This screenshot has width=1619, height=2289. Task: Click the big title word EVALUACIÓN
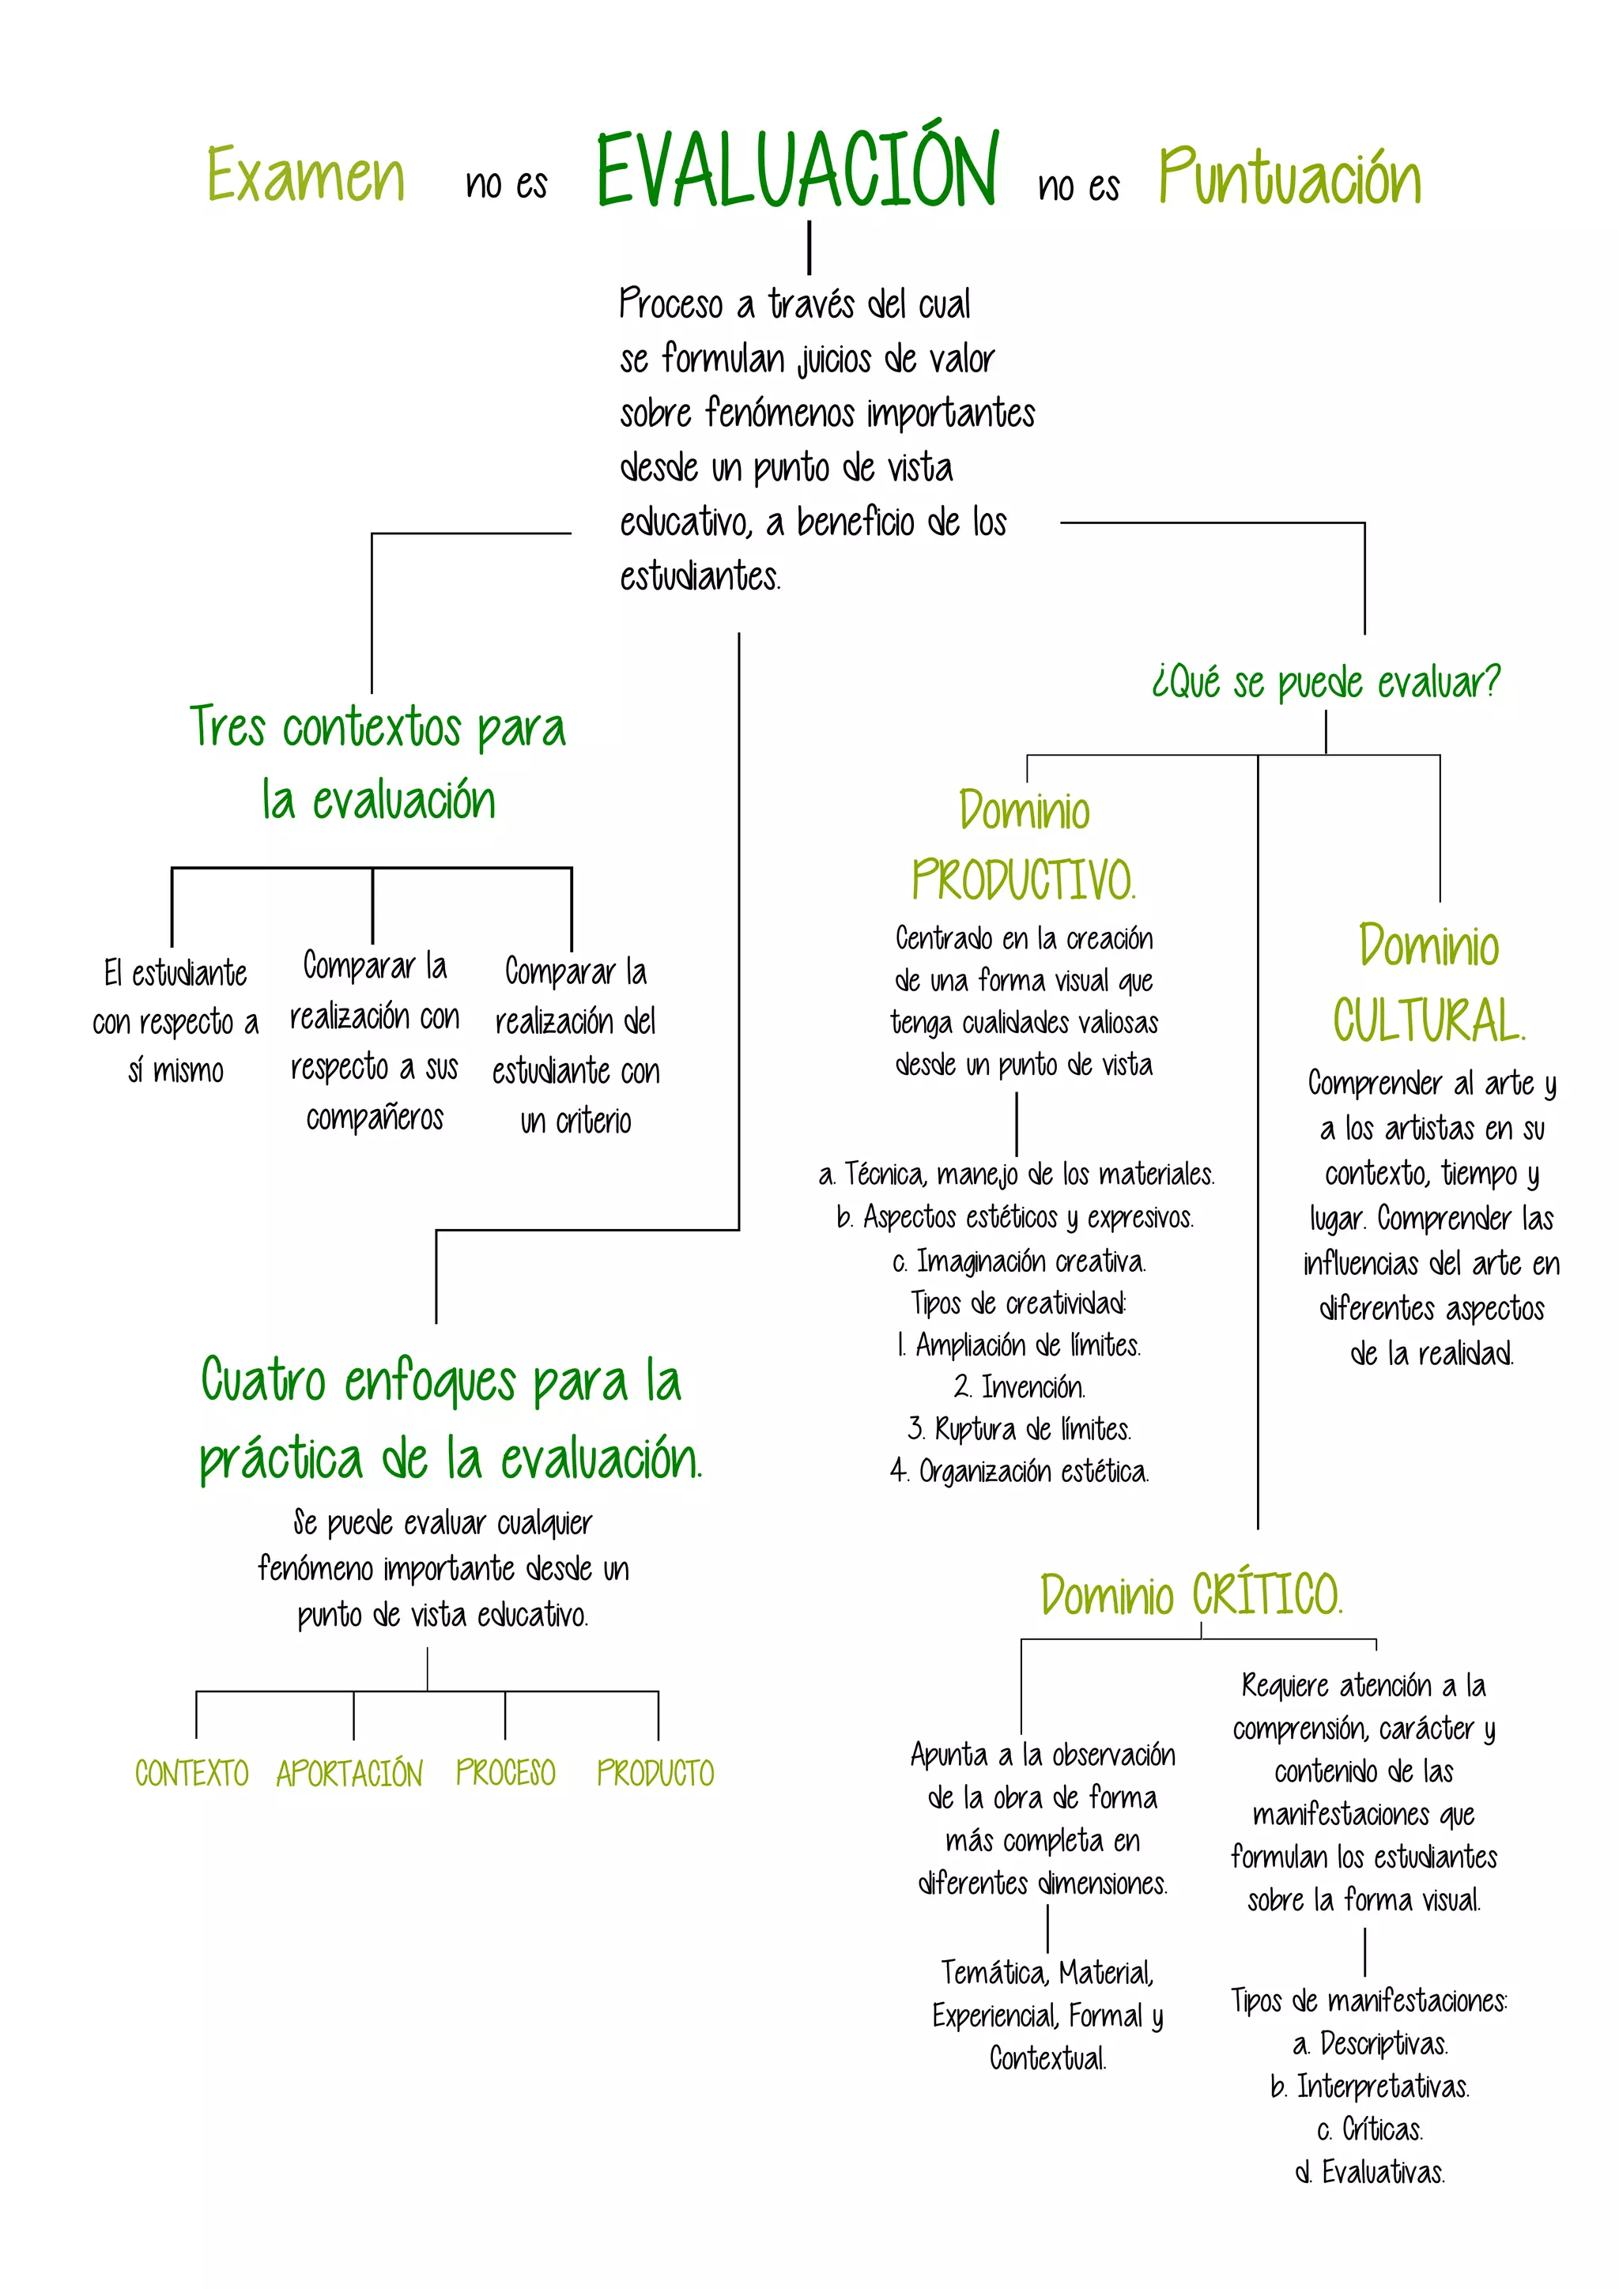(798, 172)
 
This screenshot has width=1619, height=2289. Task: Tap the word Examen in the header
(305, 175)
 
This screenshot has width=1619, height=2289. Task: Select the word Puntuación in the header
(1289, 178)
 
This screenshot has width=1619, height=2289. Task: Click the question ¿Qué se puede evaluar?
(1326, 683)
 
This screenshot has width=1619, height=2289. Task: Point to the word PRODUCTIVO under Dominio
(1023, 881)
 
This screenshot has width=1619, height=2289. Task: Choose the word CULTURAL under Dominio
(1428, 1021)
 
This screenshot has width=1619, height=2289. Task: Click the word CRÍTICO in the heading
(1267, 1595)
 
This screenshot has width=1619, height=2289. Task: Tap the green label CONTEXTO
(191, 1774)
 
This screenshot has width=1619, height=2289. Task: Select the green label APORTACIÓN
(350, 1774)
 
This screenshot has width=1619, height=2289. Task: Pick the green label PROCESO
(505, 1773)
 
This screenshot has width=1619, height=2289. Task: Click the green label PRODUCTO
(655, 1773)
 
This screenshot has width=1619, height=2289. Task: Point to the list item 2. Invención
(1019, 1387)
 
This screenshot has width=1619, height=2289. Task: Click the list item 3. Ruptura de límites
(1019, 1430)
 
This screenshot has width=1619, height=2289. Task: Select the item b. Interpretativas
(1370, 2087)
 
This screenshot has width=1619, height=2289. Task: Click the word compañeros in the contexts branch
(375, 1118)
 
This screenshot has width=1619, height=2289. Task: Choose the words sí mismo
(175, 1071)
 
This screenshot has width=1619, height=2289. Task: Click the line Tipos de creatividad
(1019, 1303)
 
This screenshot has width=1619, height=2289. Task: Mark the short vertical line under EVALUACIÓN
(809, 247)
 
